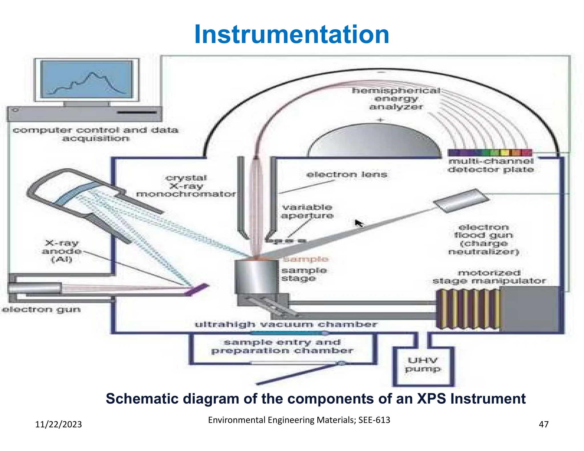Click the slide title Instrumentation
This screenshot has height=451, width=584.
click(x=291, y=34)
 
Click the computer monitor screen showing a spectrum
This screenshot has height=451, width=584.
click(x=86, y=80)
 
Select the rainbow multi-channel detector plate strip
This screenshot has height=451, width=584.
click(x=490, y=153)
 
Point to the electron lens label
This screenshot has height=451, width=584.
click(x=346, y=174)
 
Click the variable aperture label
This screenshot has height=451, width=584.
click(x=307, y=211)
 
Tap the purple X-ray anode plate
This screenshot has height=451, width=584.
click(x=196, y=289)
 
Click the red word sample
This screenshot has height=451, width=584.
click(x=306, y=259)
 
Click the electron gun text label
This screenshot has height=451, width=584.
click(x=42, y=310)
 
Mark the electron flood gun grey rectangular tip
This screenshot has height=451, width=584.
click(x=461, y=200)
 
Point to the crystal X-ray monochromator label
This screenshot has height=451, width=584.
click(x=186, y=186)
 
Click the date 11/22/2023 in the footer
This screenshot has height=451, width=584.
click(x=58, y=424)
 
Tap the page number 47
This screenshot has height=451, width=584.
click(x=544, y=424)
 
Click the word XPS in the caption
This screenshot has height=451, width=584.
click(x=431, y=399)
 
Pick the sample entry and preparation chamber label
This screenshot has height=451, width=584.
click(x=282, y=346)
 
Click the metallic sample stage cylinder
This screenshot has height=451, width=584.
click(x=256, y=277)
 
